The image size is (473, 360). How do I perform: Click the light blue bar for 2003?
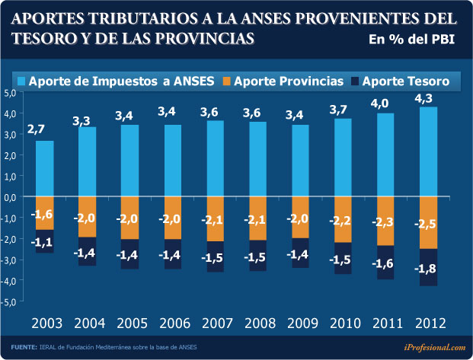[x=44, y=168]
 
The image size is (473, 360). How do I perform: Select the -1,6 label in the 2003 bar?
[x=43, y=215]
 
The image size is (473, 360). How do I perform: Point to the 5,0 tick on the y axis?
[x=11, y=93]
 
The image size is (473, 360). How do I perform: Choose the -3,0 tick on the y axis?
[x=10, y=260]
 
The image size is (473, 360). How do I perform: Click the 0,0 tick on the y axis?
[x=11, y=197]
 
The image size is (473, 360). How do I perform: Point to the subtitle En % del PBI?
[x=411, y=40]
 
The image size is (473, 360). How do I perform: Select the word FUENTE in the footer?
[x=24, y=347]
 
